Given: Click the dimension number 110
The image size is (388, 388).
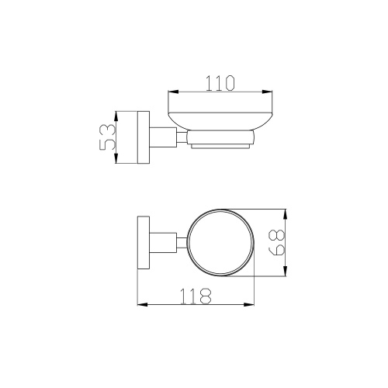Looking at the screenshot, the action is click(220, 83).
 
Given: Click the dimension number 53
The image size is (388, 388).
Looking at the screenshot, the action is click(107, 137).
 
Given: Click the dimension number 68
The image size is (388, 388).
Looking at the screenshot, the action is click(277, 242).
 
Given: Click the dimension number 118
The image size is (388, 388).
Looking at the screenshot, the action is click(196, 296).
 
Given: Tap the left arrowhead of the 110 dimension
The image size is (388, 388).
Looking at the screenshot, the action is click(173, 92).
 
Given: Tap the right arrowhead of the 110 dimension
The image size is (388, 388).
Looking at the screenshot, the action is click(267, 92).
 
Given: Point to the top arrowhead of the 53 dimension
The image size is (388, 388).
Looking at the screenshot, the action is click(116, 117).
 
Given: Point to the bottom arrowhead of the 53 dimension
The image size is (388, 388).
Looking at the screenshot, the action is click(116, 158).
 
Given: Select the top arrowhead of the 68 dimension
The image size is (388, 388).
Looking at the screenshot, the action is click(285, 214).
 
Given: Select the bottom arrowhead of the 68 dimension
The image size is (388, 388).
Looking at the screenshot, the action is click(285, 271).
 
